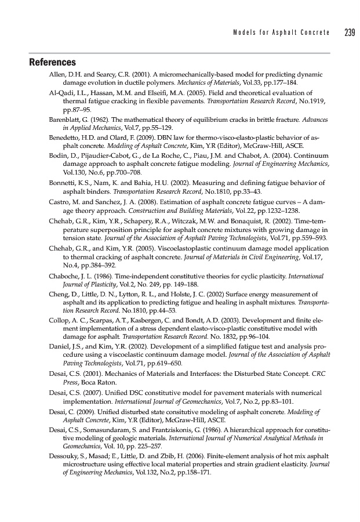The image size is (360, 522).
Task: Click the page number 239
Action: [348, 32]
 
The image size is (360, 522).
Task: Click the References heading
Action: [53, 62]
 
